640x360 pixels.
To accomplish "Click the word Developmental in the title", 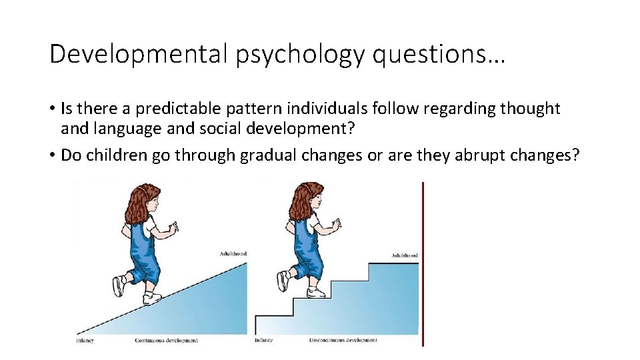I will tap(139, 54).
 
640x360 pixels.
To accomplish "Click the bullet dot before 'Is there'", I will tap(51, 109).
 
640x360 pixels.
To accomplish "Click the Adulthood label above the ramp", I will tap(233, 254).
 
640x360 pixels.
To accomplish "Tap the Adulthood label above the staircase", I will tap(405, 255).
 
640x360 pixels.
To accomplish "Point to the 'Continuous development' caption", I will tap(166, 341).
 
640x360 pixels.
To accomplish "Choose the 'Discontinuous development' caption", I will tap(343, 341).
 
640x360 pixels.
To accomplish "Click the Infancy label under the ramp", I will tap(85, 341).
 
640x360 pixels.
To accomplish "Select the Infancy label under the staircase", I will tap(263, 341).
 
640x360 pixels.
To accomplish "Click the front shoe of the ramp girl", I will tap(153, 298).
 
